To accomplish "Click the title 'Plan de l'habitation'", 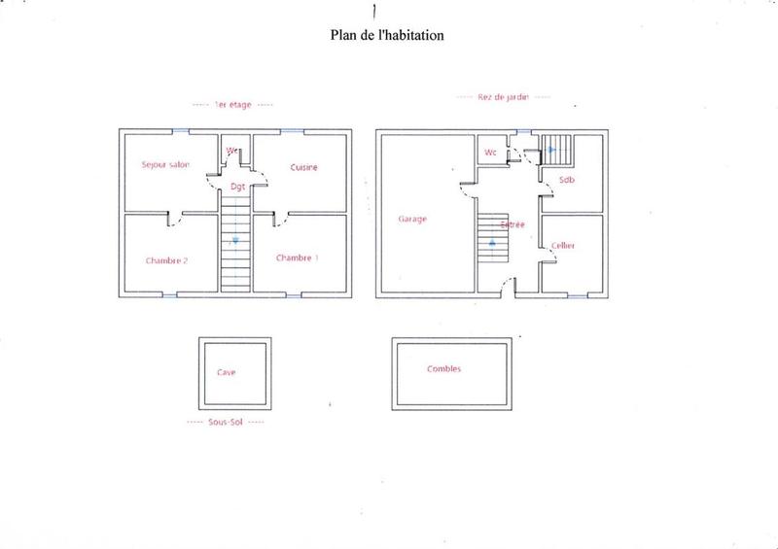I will pos(388,35).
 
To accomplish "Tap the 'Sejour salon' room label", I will pos(164,164).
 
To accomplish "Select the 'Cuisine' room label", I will pos(303,167).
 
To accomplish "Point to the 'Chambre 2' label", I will pos(166,259).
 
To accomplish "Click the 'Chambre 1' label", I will pos(296,257).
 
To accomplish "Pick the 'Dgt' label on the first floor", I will pos(236,186).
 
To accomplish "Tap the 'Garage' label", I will pos(413,219).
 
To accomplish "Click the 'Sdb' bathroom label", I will pos(566,180).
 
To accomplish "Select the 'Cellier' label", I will pos(563,246).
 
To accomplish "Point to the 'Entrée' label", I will pos(513,224).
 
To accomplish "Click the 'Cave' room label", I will pos(226,372).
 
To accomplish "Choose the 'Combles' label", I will pos(443,369).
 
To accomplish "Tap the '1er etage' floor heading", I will pos(232,104).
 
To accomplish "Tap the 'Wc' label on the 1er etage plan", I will pos(232,151).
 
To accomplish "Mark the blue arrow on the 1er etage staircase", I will pos(234,240).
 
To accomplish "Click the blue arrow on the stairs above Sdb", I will pos(551,150).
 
